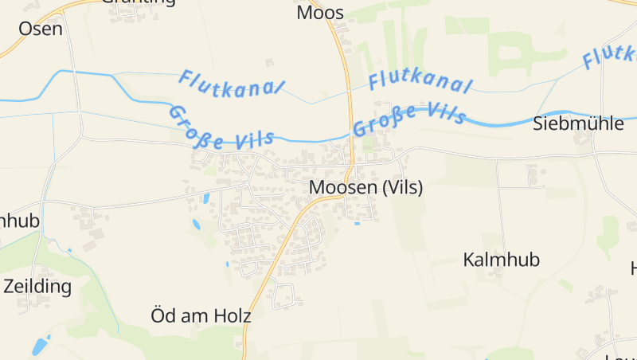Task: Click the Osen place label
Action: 40,28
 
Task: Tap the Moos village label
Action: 320,13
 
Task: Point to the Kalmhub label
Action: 501,260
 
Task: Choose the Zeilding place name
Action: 37,286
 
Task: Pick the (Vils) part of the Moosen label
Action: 402,188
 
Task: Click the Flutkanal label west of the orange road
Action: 231,82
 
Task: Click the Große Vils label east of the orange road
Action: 408,118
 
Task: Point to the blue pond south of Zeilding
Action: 39,346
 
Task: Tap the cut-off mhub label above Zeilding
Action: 19,221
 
